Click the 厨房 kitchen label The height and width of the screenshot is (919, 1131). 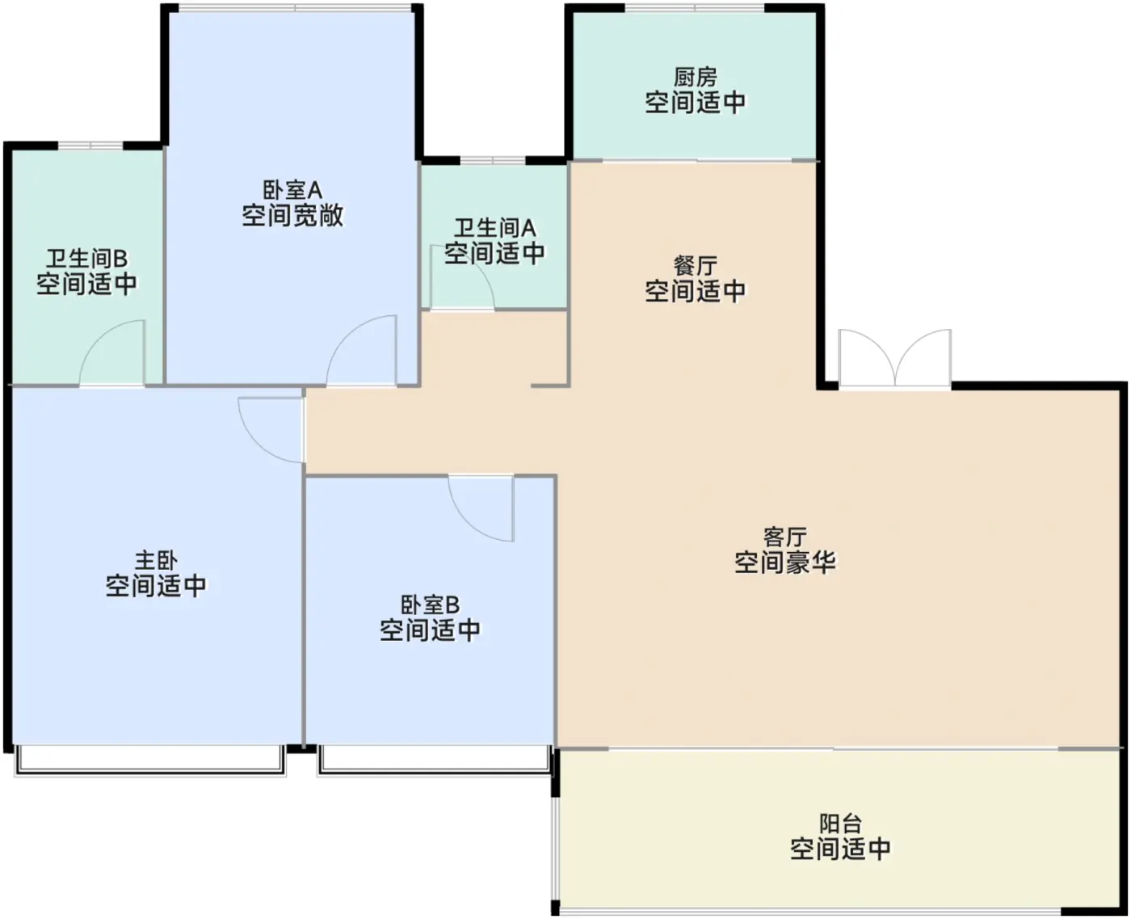tap(695, 77)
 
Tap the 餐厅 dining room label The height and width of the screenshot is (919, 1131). tap(695, 266)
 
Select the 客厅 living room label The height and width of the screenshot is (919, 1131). tap(784, 537)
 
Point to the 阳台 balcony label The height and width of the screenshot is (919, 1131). tap(840, 824)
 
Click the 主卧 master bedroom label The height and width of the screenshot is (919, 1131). tap(156, 560)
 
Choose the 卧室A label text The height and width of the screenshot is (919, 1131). tap(292, 190)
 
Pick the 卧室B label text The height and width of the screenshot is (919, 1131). tap(430, 605)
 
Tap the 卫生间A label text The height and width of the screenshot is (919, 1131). tap(494, 228)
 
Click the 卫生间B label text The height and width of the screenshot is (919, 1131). tap(86, 259)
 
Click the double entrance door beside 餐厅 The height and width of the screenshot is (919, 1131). tap(895, 359)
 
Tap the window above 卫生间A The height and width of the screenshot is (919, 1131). tap(492, 160)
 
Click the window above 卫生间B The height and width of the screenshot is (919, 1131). tap(90, 145)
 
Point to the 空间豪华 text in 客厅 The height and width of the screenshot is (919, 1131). tap(784, 562)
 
